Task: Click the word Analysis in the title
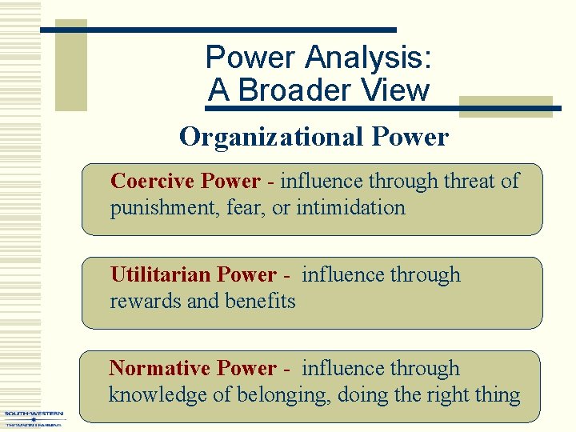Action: pos(369,58)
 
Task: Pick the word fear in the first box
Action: pos(248,208)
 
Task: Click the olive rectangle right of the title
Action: pos(506,108)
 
